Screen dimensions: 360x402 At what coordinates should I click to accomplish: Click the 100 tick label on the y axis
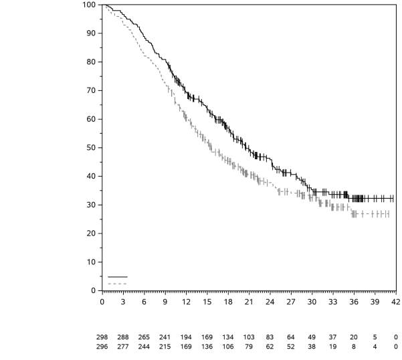pyautogui.click(x=88, y=5)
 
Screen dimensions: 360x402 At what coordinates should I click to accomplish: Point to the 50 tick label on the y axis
pyautogui.click(x=91, y=147)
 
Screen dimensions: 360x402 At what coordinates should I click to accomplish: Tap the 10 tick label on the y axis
pyautogui.click(x=91, y=262)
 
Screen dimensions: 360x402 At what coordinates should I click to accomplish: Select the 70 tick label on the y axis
pyautogui.click(x=91, y=90)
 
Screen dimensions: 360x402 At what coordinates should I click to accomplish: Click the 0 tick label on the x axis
pyautogui.click(x=102, y=302)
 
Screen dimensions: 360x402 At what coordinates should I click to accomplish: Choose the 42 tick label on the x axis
pyautogui.click(x=395, y=302)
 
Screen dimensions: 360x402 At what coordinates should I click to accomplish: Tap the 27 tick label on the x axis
pyautogui.click(x=290, y=302)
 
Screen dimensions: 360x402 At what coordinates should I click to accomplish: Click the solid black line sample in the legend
pyautogui.click(x=117, y=276)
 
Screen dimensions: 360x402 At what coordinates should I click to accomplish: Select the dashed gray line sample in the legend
pyautogui.click(x=117, y=284)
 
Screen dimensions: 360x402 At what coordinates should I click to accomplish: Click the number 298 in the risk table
pyautogui.click(x=102, y=337)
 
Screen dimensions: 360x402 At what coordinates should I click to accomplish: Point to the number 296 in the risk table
pyautogui.click(x=102, y=347)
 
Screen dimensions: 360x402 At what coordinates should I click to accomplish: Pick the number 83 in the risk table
pyautogui.click(x=270, y=337)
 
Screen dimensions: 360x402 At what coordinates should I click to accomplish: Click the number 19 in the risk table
pyautogui.click(x=332, y=347)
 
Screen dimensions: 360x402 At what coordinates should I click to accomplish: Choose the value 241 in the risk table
pyautogui.click(x=165, y=337)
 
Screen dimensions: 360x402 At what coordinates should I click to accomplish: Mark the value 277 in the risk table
pyautogui.click(x=122, y=347)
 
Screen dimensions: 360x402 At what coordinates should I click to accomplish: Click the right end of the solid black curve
pyautogui.click(x=393, y=198)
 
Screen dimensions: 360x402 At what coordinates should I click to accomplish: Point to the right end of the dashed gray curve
pyautogui.click(x=389, y=214)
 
